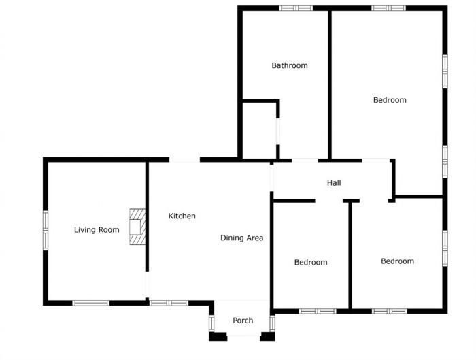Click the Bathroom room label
click(x=290, y=65)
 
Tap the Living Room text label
click(x=97, y=230)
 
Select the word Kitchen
click(x=182, y=216)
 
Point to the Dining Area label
click(x=241, y=238)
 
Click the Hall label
click(x=334, y=183)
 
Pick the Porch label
click(x=243, y=321)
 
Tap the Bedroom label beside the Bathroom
click(x=390, y=100)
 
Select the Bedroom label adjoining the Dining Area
click(x=311, y=262)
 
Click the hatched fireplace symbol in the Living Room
click(x=137, y=227)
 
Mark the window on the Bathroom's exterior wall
click(x=296, y=8)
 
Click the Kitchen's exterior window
click(x=169, y=303)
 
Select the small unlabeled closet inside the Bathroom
click(x=259, y=130)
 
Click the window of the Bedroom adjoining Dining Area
click(x=318, y=311)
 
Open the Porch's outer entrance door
click(x=243, y=336)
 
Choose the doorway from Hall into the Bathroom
click(x=304, y=160)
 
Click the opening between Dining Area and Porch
click(x=243, y=301)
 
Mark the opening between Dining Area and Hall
click(x=271, y=178)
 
